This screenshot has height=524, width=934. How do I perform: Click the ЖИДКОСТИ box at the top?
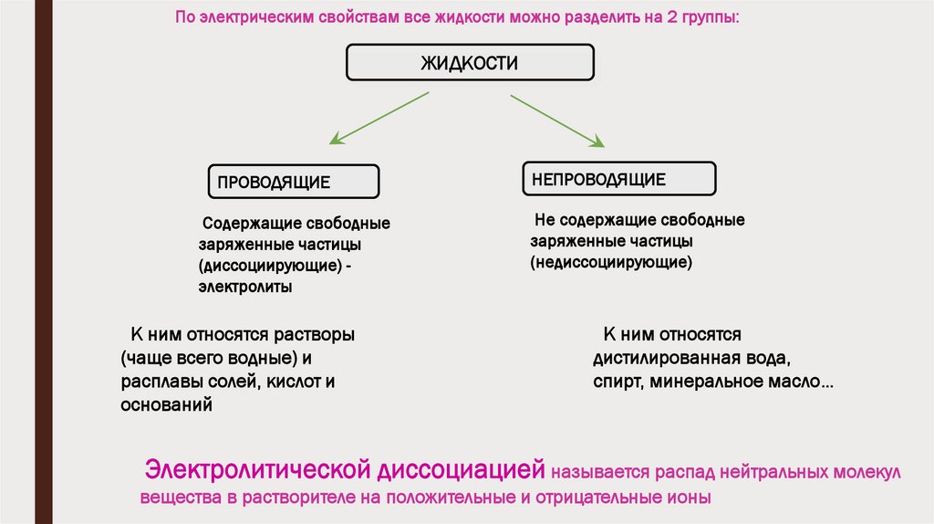[469, 63]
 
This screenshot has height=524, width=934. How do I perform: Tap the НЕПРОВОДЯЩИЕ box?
[618, 179]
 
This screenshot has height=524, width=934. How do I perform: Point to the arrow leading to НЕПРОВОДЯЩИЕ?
[556, 120]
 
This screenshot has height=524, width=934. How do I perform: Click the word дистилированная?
[657, 358]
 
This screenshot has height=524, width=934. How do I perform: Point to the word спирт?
[617, 382]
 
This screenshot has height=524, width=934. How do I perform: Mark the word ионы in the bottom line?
[687, 498]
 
